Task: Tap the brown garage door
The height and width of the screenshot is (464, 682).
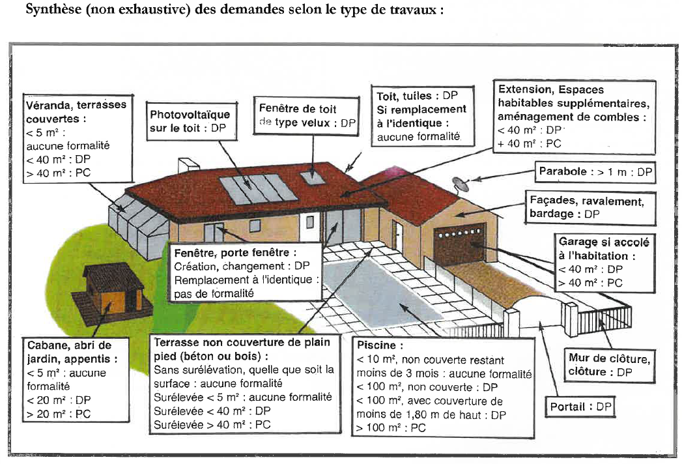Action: [x=459, y=243]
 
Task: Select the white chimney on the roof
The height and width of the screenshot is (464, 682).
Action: [x=188, y=166]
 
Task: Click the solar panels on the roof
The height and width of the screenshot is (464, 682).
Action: [x=257, y=189]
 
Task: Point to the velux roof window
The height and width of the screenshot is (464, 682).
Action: [x=312, y=177]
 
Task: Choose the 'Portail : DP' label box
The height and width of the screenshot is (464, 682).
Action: [x=580, y=407]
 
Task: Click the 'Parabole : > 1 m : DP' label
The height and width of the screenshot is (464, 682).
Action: [x=595, y=172]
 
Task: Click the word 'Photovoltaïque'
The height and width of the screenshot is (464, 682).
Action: [x=190, y=115]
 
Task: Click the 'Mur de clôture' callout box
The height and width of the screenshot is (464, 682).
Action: [x=609, y=365]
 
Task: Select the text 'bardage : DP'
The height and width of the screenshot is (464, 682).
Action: [x=565, y=214]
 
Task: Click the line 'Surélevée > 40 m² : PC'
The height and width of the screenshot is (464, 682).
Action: [x=212, y=424]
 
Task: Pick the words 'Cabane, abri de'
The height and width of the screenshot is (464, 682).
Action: [x=69, y=345]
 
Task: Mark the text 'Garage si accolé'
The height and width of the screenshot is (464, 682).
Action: [x=604, y=242]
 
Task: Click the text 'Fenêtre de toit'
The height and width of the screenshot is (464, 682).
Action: [x=298, y=108]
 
